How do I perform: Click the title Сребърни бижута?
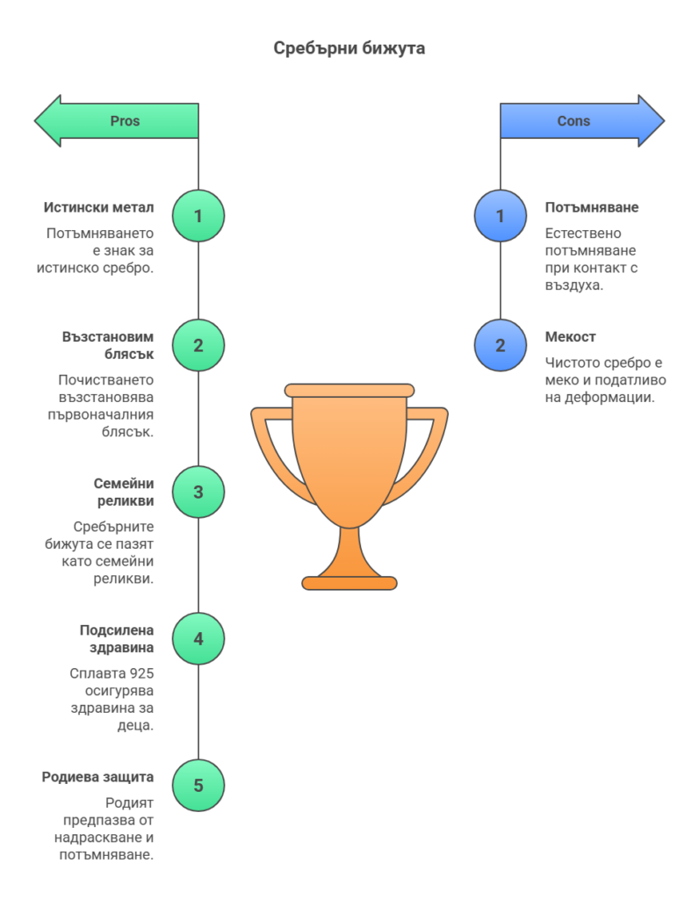point(349,48)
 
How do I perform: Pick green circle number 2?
point(198,345)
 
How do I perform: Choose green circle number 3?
point(198,492)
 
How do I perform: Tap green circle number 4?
point(198,638)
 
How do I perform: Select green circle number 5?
point(198,785)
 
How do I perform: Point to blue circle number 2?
point(501,345)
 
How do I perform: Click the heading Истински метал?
point(99,208)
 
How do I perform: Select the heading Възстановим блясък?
point(108,346)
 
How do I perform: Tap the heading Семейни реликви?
point(123,493)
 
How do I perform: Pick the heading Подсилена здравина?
point(117,639)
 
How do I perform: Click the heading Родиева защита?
point(97,777)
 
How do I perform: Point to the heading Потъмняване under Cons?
point(592,208)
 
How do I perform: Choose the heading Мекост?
point(571,337)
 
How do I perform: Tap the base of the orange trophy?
point(349,581)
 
